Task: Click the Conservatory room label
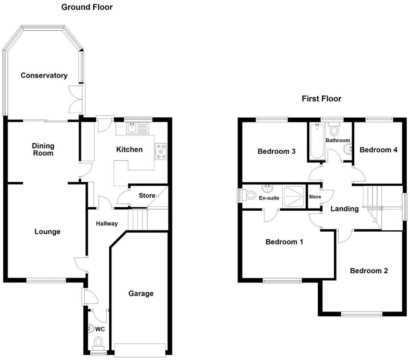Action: coord(44,76)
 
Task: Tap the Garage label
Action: coord(141,294)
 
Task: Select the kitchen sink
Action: coord(137,128)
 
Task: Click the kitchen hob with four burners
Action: coord(161,151)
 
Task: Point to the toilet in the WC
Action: coord(98,343)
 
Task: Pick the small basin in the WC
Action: coord(91,328)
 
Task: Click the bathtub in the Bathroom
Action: coord(317,141)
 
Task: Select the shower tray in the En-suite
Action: coord(294,196)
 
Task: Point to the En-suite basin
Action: coord(267,188)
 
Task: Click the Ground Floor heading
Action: coord(87,7)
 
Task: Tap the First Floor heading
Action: coord(321,98)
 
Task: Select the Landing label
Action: coord(344,209)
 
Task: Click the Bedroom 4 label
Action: coord(378,150)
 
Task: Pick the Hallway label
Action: coord(107,224)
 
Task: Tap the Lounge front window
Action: coord(46,281)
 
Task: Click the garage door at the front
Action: coord(140,350)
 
